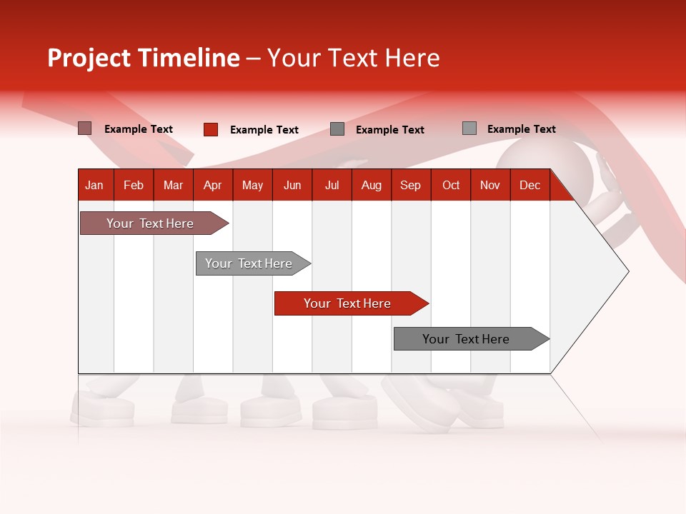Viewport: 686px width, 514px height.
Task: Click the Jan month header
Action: [x=94, y=185]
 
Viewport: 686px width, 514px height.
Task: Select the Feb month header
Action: [x=134, y=185]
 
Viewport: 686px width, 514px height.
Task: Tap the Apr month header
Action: [x=212, y=185]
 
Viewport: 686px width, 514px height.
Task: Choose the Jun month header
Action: [x=292, y=185]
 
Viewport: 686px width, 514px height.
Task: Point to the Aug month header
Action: [x=371, y=185]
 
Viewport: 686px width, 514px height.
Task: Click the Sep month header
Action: [x=410, y=185]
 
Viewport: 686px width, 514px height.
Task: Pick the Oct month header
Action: [x=451, y=185]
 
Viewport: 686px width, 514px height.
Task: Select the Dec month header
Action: [x=530, y=185]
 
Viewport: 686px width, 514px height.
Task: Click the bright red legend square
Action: [x=211, y=129]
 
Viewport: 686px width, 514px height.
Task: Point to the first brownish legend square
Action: [x=85, y=128]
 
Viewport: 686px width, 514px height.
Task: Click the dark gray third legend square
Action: [x=337, y=129]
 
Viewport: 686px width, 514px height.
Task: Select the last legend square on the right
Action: [x=469, y=128]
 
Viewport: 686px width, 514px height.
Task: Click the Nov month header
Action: [x=490, y=185]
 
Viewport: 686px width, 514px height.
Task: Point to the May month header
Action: [x=252, y=185]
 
